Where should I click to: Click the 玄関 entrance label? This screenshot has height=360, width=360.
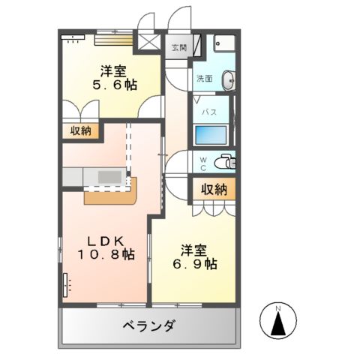[178, 48]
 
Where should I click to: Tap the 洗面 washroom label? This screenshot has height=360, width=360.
[204, 79]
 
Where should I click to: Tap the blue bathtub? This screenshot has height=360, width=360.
[211, 136]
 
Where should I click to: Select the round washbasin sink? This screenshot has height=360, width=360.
[228, 78]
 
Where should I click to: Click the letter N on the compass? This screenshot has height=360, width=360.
[277, 307]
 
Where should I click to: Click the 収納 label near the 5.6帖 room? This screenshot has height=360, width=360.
[81, 131]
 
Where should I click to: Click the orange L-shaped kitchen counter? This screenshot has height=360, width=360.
[113, 196]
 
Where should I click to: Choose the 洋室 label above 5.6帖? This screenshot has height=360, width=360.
[114, 72]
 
